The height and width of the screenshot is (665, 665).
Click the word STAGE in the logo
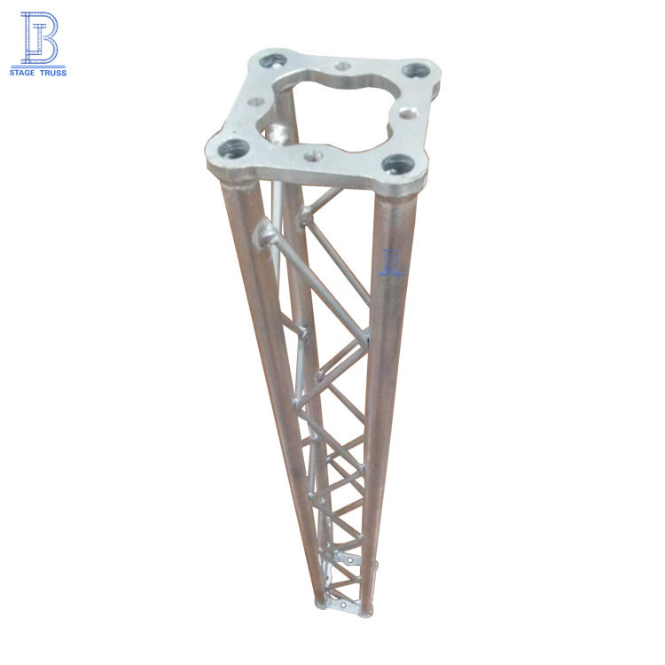pos(24,72)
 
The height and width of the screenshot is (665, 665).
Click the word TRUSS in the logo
pos(52,72)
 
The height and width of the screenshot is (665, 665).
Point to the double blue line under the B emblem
pos(38,64)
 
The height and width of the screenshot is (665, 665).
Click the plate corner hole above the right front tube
pos(397,164)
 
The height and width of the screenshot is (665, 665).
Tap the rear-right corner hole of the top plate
pos(414,70)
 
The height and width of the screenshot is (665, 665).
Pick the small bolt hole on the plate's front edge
pos(311,157)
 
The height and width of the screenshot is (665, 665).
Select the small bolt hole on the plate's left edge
pos(256,102)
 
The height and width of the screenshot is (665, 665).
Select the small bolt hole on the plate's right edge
pos(406,113)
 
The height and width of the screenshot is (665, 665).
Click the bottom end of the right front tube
pos(364,611)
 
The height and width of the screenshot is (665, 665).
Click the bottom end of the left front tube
pos(320,605)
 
